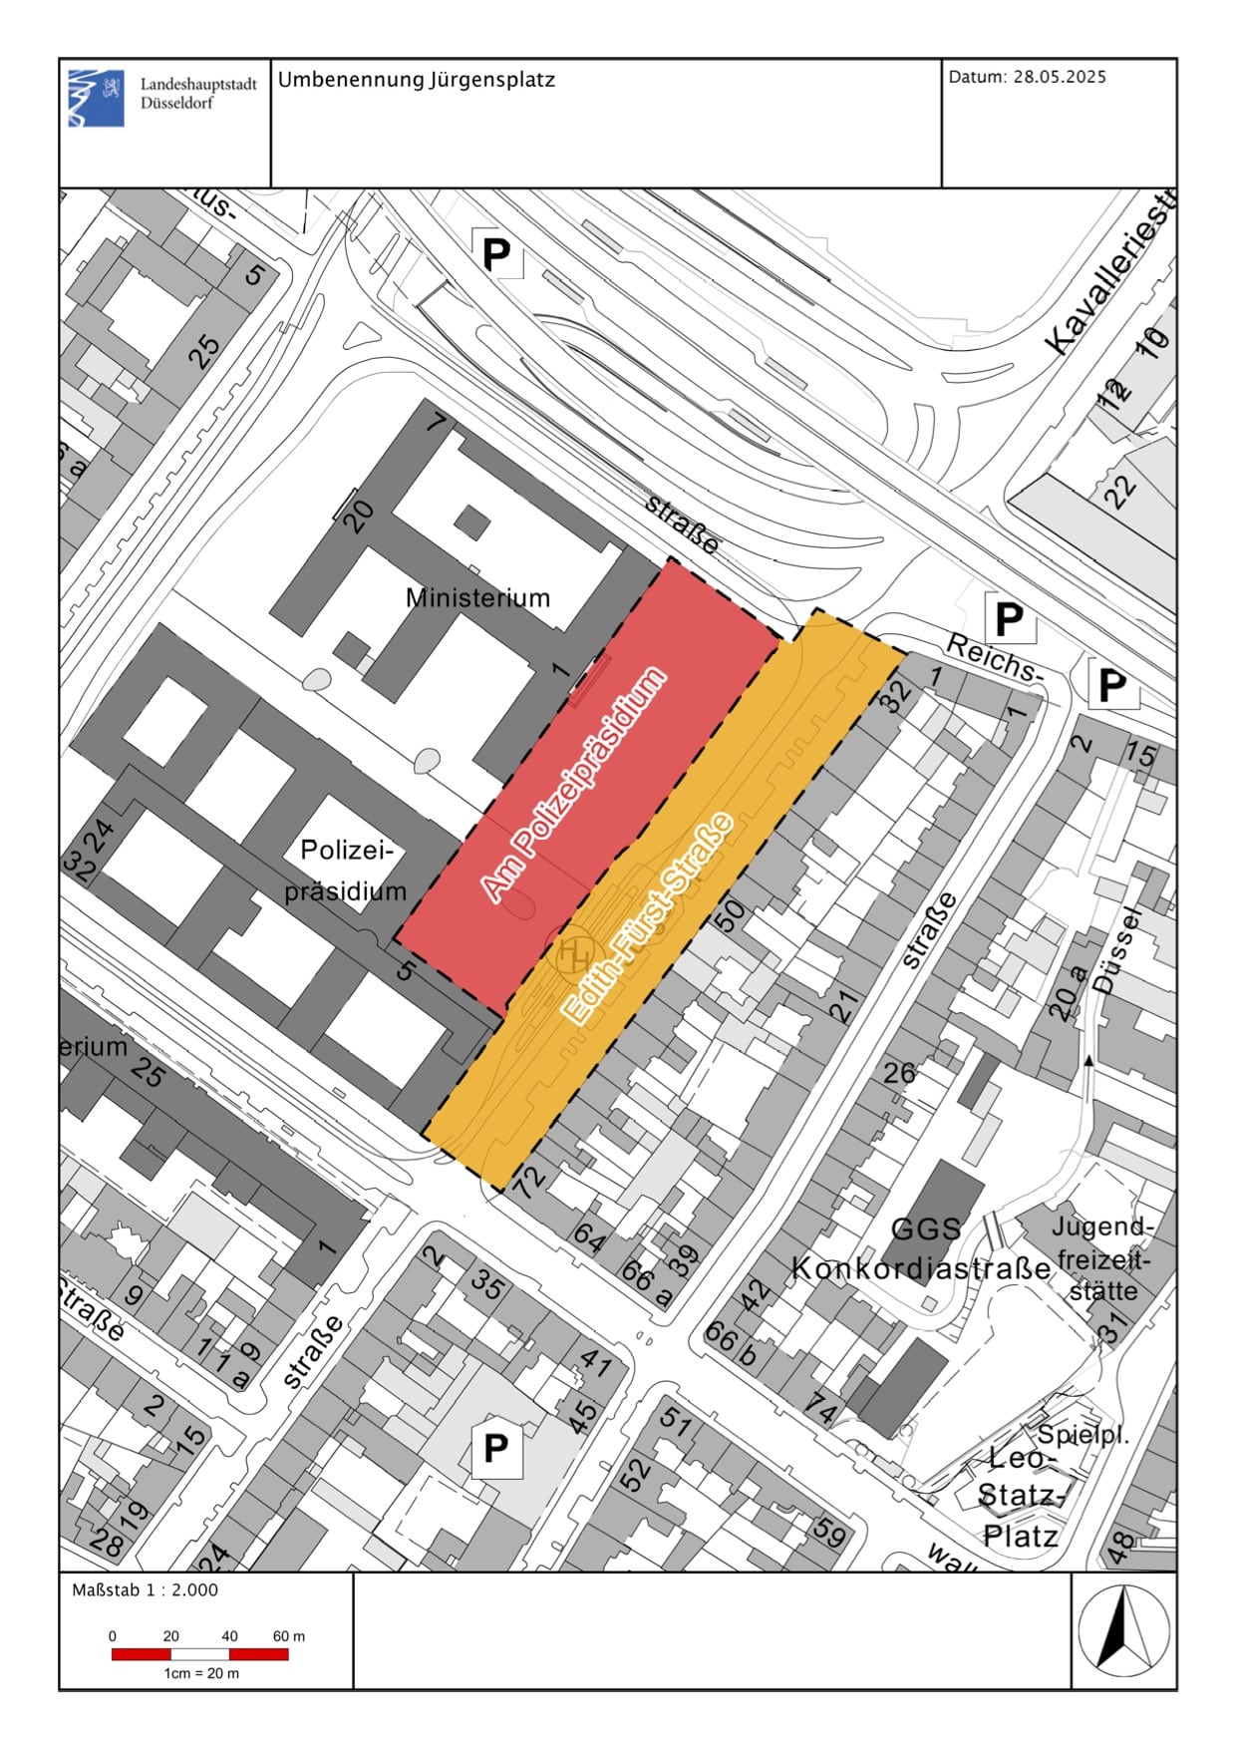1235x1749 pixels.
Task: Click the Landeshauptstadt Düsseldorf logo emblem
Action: [97, 98]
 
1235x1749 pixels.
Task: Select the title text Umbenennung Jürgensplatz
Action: [416, 80]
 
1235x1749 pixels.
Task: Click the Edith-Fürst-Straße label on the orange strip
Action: [648, 918]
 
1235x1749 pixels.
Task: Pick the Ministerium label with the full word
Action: [477, 597]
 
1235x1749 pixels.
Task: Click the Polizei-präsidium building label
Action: [346, 871]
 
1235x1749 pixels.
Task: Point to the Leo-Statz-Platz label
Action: [1020, 1497]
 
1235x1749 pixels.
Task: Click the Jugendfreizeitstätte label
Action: [1103, 1258]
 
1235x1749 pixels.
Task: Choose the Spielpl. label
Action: [1082, 1435]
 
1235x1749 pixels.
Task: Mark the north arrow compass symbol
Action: [1123, 1630]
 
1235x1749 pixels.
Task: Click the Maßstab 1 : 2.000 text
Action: [145, 1590]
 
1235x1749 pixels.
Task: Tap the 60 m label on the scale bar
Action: [289, 1636]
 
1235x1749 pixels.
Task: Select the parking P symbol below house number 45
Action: [495, 1448]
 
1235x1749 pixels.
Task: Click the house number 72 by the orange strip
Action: [527, 1181]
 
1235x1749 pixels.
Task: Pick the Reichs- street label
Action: [993, 657]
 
